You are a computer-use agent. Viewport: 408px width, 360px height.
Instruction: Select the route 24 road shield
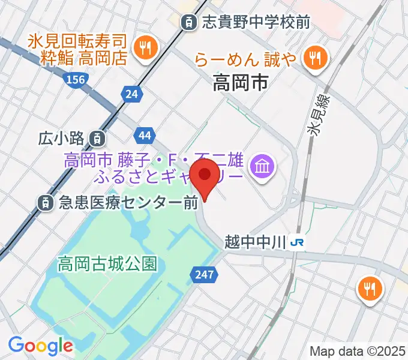(x=132, y=92)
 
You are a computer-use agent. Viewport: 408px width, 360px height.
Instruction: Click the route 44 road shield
(x=144, y=135)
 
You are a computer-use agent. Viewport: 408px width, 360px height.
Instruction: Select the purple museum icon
(x=263, y=163)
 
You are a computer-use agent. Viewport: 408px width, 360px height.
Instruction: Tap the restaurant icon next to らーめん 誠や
(x=314, y=58)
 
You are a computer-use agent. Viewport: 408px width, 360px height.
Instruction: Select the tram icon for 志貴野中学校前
(x=190, y=23)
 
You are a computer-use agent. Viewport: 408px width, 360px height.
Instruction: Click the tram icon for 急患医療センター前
(x=46, y=203)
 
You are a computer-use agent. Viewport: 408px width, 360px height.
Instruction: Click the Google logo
(x=40, y=345)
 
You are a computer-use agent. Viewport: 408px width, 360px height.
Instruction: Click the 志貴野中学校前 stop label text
(x=256, y=23)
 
